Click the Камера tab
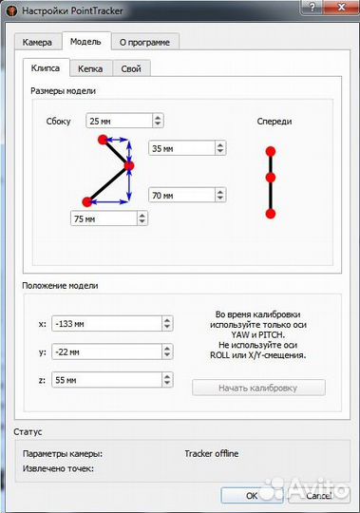click(38, 42)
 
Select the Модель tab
click(85, 42)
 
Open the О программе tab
click(144, 42)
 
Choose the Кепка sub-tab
click(90, 68)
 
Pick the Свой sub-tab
click(131, 68)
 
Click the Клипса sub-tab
click(46, 68)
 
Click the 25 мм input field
click(116, 122)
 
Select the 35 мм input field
click(180, 148)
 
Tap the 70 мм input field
click(180, 196)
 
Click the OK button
click(251, 495)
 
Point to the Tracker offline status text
click(211, 453)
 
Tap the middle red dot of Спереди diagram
click(271, 178)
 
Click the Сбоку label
click(59, 122)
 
